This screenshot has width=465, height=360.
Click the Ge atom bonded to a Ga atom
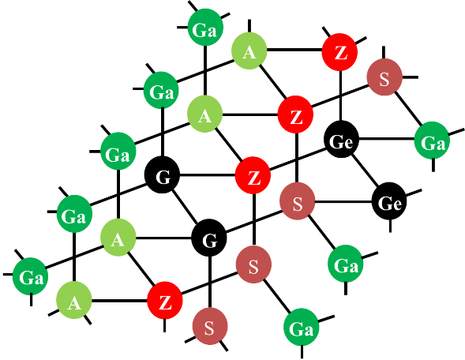click(x=341, y=139)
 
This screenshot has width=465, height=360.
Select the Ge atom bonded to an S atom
click(x=390, y=201)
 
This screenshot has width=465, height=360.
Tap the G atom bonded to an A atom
click(x=209, y=238)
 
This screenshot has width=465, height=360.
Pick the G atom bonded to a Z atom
click(x=162, y=175)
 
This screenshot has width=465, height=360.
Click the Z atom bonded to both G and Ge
click(x=253, y=175)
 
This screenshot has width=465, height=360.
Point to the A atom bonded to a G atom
click(x=118, y=238)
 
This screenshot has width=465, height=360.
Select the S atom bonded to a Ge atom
click(x=297, y=201)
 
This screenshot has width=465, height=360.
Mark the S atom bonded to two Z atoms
click(x=253, y=264)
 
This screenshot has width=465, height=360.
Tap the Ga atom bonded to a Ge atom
click(x=432, y=141)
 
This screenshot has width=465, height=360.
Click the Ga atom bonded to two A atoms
click(x=118, y=151)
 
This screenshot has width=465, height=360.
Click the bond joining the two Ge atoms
click(x=366, y=171)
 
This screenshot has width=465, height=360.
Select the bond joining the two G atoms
click(x=186, y=207)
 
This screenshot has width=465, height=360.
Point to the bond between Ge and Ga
click(x=386, y=139)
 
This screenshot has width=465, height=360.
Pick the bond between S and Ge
click(x=343, y=202)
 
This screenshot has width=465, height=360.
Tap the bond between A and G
click(x=163, y=238)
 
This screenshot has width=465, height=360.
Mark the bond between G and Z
click(x=208, y=175)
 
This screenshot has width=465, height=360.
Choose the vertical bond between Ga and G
click(x=162, y=133)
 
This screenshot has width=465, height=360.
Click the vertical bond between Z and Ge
click(x=340, y=96)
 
